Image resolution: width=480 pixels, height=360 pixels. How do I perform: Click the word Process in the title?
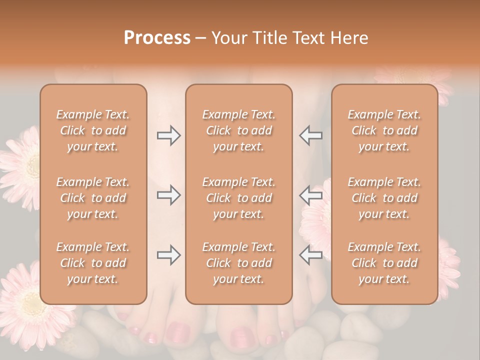pos(157,38)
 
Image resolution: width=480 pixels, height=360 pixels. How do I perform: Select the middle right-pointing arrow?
pos(169,195)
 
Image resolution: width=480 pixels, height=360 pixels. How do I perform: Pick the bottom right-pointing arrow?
pos(169,255)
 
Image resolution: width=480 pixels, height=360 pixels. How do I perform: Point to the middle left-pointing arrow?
pos(310,195)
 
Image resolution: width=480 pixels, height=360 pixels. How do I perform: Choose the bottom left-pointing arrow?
pos(310,255)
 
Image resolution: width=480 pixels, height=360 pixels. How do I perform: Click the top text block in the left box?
pos(93,130)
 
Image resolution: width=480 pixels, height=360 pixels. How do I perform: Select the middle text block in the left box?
pos(93,198)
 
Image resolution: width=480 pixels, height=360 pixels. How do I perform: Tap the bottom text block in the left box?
pos(93,263)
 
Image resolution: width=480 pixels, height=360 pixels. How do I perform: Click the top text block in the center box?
pos(238,130)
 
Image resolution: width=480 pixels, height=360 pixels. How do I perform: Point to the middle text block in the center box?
pos(238,198)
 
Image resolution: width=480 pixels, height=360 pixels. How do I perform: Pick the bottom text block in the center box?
pos(238,263)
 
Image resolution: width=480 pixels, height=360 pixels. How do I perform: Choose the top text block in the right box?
pos(384,130)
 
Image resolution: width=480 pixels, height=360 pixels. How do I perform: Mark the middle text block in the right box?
pos(384,198)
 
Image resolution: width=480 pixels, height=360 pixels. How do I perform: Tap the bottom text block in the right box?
pos(384,263)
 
